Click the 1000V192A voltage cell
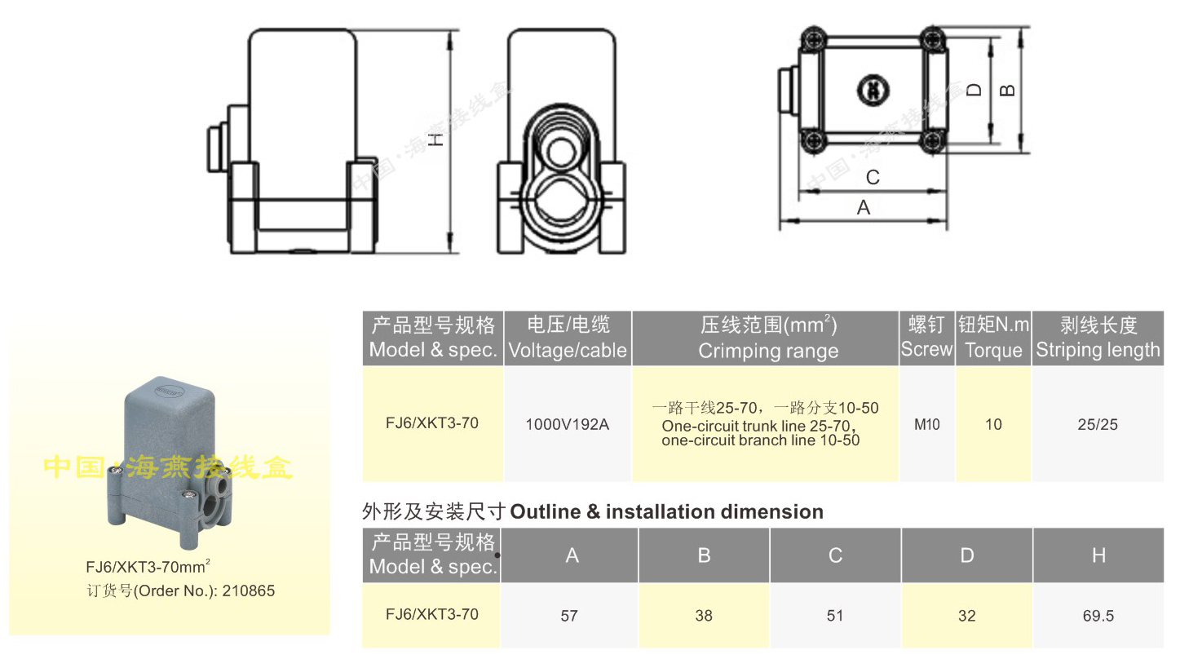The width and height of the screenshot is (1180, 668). coord(567,424)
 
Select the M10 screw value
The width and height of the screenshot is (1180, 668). coord(926,424)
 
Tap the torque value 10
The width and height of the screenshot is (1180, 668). coord(993,424)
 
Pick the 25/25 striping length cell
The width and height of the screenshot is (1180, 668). coord(1098,424)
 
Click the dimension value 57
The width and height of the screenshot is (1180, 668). coord(569,616)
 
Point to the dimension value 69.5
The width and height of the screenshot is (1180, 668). coord(1098,616)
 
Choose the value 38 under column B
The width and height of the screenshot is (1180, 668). coord(704,616)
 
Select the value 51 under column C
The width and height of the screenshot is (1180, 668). coord(835,616)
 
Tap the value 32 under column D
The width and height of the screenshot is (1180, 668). coord(966,616)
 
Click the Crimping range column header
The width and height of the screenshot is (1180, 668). coord(767,338)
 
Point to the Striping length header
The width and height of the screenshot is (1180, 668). coord(1098,338)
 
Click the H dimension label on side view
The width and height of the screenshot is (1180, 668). coord(438,139)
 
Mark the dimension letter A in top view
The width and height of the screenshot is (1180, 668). coord(864,208)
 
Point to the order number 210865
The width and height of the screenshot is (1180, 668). coord(248,591)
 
